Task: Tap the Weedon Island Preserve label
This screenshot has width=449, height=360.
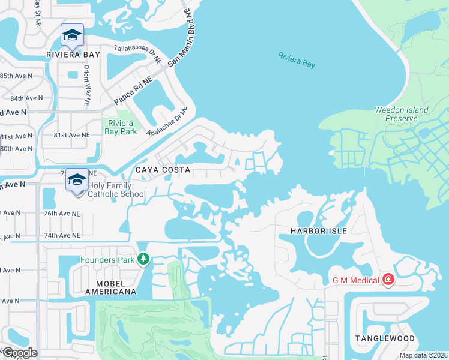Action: (402, 114)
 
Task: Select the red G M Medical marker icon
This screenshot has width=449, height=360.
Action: (388, 280)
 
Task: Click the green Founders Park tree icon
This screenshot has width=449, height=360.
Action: (143, 259)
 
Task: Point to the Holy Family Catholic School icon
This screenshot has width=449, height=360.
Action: (77, 181)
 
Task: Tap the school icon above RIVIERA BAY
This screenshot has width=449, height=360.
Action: (72, 36)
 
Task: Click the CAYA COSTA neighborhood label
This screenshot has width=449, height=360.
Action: (163, 170)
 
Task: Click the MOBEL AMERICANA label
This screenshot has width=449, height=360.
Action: (109, 287)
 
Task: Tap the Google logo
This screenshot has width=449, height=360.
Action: (19, 353)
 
